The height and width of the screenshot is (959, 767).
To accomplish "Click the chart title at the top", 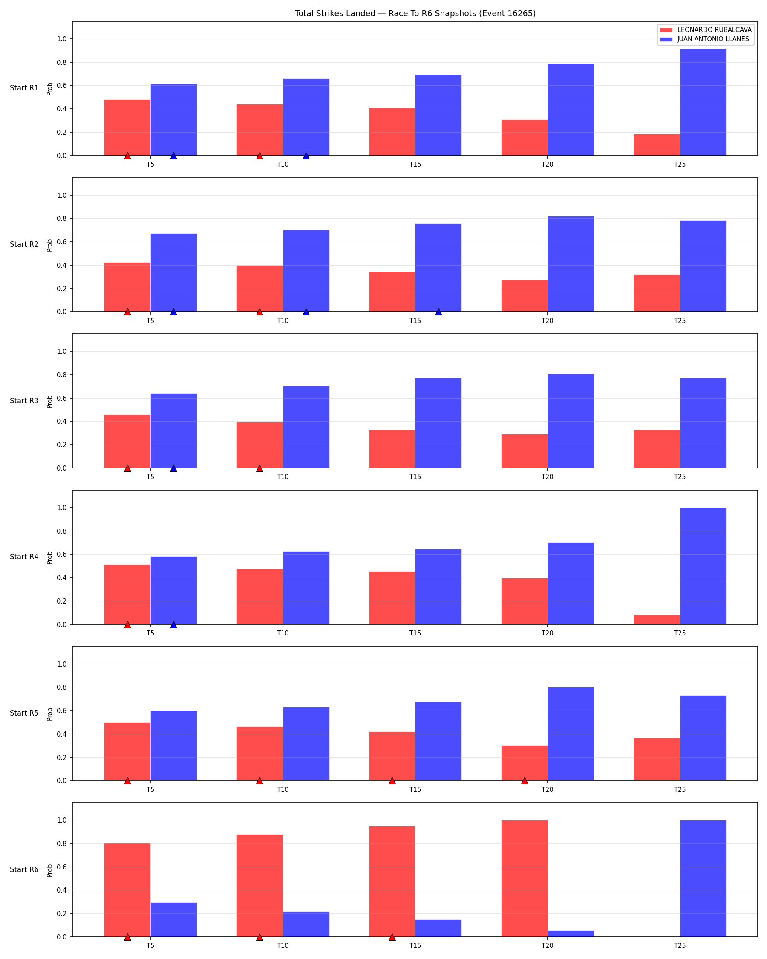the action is [415, 13].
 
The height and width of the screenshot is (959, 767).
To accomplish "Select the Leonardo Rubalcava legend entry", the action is [706, 30].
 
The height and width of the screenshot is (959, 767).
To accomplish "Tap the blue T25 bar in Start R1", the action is [703, 102].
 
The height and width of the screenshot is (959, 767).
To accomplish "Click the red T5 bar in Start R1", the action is [127, 128].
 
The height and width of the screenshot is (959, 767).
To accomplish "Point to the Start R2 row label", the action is [24, 244].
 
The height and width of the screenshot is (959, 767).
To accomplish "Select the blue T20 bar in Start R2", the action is [571, 264].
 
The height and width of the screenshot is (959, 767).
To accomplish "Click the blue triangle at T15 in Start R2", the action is [438, 312].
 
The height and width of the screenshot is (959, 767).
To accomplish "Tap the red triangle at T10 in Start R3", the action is [260, 468].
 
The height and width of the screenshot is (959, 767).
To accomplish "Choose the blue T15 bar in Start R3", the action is [438, 423].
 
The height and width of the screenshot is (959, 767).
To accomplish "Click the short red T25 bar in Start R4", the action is [657, 620].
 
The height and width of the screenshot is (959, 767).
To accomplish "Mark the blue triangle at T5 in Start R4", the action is [173, 624].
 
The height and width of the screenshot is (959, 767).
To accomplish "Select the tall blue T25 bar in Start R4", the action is [703, 566].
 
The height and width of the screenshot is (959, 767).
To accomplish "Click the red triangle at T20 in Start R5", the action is [525, 781].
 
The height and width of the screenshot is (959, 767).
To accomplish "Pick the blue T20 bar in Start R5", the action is [571, 734].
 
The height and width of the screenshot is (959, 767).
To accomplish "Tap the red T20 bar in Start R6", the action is [525, 878].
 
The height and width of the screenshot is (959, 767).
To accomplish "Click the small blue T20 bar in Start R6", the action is [571, 934].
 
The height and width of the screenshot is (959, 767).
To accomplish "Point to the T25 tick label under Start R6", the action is [680, 946].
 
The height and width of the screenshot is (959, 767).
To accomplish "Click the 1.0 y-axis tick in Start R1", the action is [62, 39].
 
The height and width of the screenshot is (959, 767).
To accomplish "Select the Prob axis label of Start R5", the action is [50, 714].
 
